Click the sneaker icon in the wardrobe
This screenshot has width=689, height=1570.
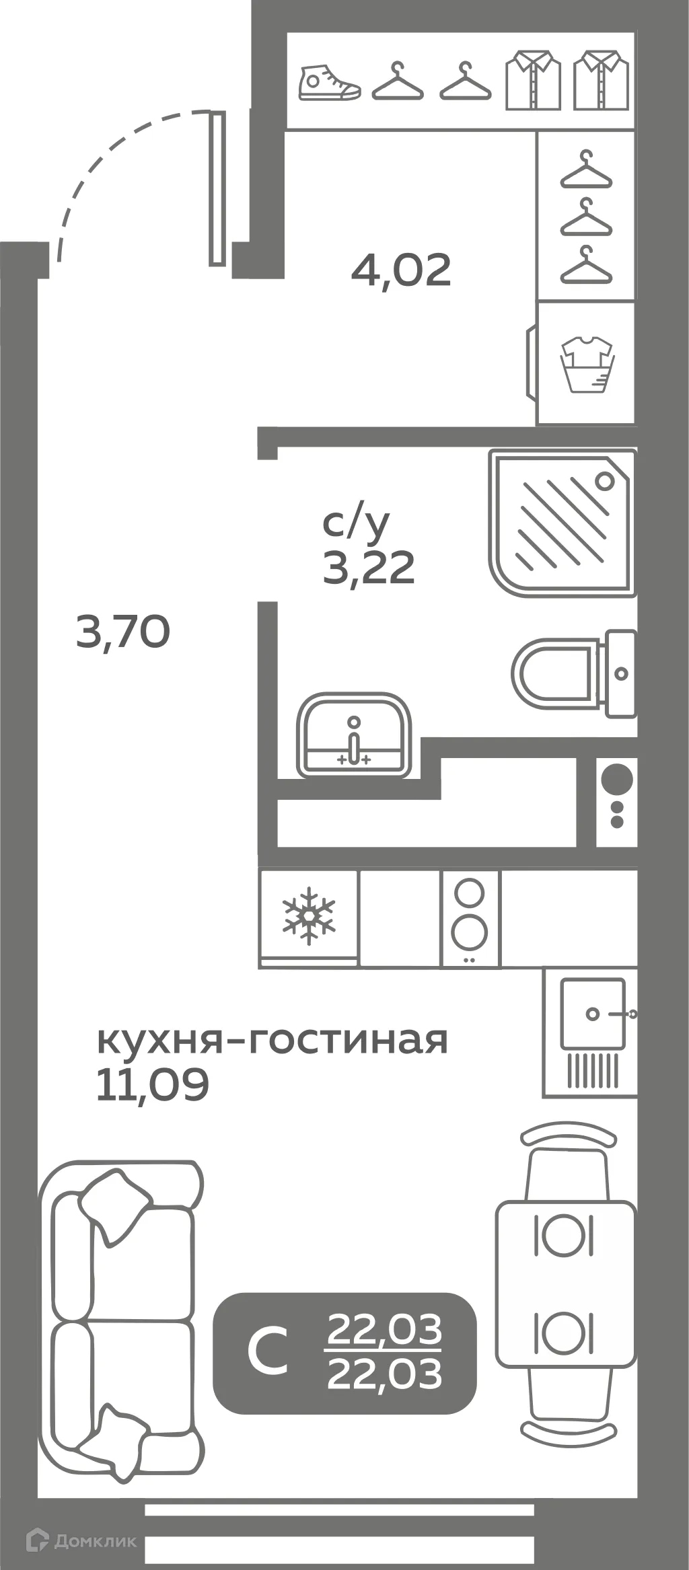click(329, 83)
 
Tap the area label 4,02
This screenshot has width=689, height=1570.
click(401, 270)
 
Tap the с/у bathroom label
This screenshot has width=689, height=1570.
click(356, 523)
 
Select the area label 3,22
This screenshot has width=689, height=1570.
click(369, 568)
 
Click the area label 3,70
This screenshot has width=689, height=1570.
click(123, 633)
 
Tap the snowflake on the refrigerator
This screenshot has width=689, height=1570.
click(309, 915)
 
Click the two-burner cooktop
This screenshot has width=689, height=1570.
click(470, 918)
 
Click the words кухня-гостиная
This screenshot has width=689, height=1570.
click(273, 1040)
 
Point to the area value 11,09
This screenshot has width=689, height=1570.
click(153, 1084)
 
